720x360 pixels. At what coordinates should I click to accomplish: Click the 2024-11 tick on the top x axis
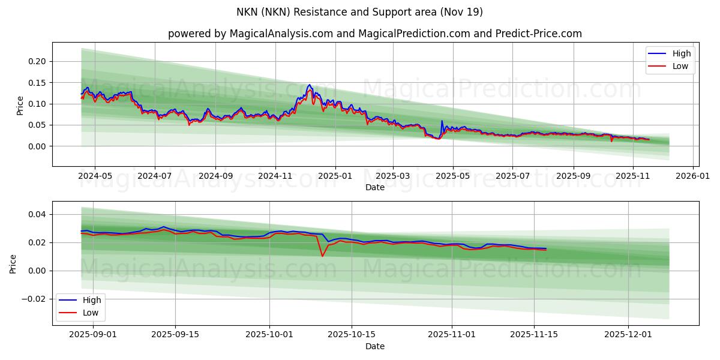[x=275, y=177]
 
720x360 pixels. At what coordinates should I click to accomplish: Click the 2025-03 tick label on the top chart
[x=393, y=177]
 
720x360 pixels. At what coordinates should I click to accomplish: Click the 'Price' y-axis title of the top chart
[x=20, y=105]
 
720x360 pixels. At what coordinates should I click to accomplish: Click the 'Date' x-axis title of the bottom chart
[x=375, y=346]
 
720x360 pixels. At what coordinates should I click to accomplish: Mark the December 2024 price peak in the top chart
[x=310, y=85]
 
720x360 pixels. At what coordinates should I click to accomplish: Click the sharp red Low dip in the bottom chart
[x=322, y=256]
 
